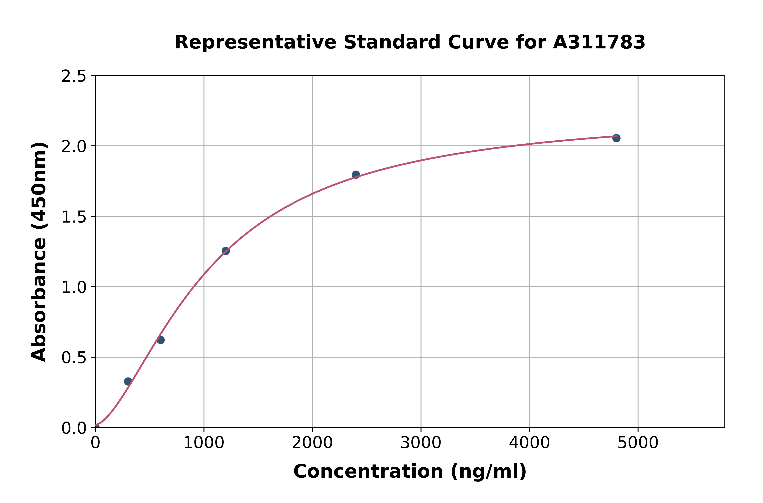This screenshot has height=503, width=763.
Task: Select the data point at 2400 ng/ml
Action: [x=356, y=174]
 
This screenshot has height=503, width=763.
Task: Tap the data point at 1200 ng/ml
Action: [x=226, y=251]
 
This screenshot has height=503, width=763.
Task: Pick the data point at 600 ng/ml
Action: [x=161, y=340]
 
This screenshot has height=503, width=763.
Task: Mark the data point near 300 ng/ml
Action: [x=128, y=381]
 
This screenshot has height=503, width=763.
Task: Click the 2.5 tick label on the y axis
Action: [x=74, y=76]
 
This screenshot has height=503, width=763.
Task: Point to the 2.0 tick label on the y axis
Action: [x=74, y=147]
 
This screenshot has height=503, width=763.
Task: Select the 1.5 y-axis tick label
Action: [x=74, y=217]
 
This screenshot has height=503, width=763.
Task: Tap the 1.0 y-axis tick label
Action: [x=74, y=287]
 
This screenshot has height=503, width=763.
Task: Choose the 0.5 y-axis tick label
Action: [x=74, y=358]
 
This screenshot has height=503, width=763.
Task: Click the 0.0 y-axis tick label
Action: [x=74, y=428]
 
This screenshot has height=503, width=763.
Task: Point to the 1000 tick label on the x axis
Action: [x=204, y=443]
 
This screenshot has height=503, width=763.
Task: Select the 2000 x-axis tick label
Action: [x=312, y=443]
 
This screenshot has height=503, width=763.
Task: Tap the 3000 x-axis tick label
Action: [x=421, y=443]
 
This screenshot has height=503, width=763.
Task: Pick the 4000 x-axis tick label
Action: [x=529, y=443]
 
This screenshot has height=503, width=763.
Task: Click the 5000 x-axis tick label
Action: [x=638, y=443]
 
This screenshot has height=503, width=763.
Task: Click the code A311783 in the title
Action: [x=599, y=42]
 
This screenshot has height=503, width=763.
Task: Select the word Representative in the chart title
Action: [x=255, y=42]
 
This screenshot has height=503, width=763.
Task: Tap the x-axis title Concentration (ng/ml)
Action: [x=410, y=471]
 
